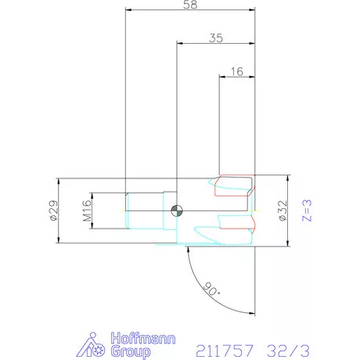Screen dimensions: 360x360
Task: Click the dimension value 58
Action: (190, 5)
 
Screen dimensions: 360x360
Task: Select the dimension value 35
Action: (216, 38)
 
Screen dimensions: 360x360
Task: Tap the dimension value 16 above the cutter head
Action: (237, 71)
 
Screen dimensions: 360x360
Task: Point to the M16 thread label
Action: (87, 211)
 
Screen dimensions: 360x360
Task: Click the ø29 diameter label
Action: (53, 211)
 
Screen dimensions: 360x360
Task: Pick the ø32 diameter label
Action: (283, 211)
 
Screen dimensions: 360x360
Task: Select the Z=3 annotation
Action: (307, 211)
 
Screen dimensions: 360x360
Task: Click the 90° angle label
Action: (211, 289)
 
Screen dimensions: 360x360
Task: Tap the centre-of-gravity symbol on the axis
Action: (177, 211)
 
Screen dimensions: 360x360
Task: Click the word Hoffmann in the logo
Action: (143, 338)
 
